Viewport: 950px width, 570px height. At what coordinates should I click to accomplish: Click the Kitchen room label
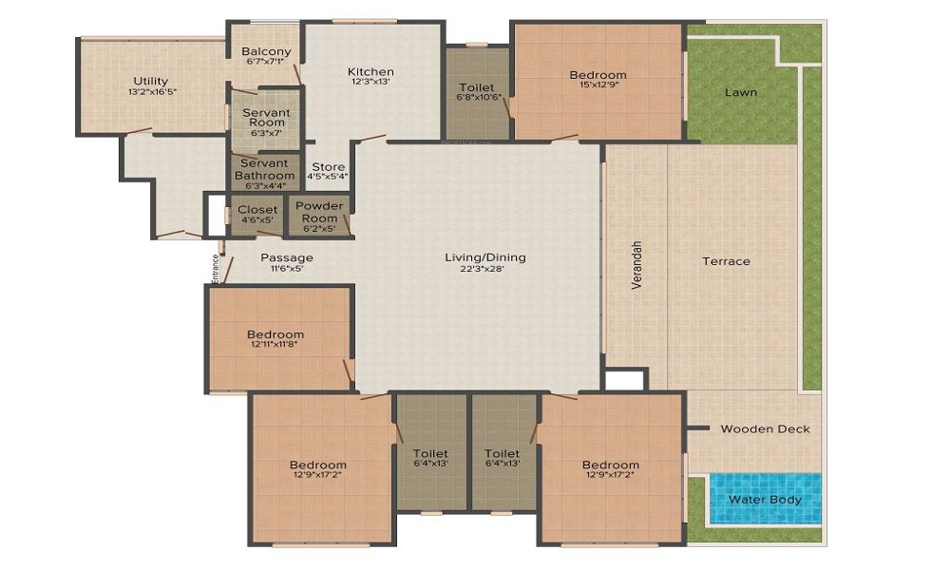coord(370,72)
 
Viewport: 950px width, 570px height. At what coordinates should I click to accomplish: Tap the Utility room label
coord(151,81)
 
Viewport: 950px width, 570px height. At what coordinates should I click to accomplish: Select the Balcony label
coord(266,51)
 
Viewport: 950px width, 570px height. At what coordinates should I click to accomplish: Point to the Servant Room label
coord(266,118)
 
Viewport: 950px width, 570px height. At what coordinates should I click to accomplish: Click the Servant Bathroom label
coord(265,169)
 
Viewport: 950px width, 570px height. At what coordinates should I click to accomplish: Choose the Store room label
coord(329,167)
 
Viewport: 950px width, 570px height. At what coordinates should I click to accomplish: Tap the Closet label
coord(258,209)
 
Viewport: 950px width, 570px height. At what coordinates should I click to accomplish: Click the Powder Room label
coord(318,212)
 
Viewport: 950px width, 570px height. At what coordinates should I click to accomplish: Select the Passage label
coord(287,257)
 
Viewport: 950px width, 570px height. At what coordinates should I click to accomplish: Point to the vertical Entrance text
coord(216,268)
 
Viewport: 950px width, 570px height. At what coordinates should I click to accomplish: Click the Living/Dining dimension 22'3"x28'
coord(485,270)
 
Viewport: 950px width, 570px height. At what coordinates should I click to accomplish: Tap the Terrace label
coord(726,261)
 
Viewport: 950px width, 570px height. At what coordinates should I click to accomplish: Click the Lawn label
coord(741,93)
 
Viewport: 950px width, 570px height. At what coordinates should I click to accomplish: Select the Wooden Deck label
coord(765,428)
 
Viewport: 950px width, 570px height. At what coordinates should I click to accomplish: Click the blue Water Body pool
coord(765,499)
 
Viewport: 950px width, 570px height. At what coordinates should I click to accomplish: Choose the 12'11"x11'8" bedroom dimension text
coord(275,346)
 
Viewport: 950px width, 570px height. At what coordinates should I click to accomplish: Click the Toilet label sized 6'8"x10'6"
coord(476,87)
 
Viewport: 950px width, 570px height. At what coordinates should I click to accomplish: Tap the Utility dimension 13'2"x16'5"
coord(152,92)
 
